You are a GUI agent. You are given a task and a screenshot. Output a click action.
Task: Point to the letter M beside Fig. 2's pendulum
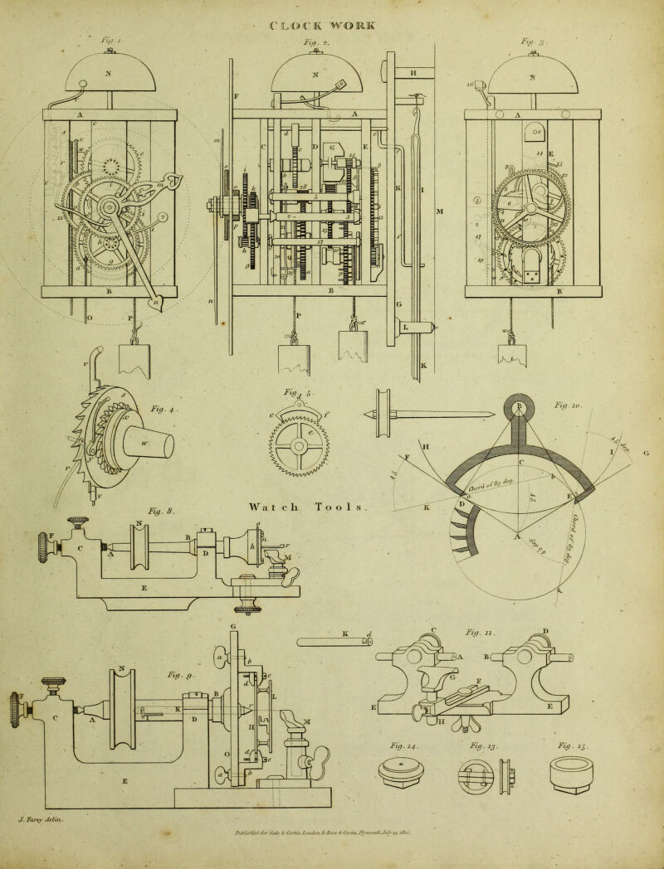coord(440,211)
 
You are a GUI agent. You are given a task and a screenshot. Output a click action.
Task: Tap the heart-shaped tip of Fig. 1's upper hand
coord(175,179)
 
